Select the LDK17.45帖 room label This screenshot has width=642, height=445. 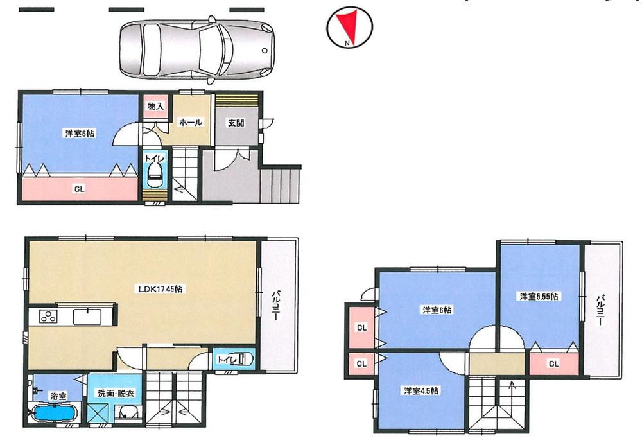[160, 289]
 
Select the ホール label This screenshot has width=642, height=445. [191, 122]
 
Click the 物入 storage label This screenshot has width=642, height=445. [155, 106]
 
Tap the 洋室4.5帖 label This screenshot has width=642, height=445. [422, 390]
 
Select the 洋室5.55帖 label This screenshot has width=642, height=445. [539, 296]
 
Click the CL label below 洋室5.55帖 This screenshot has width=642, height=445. [552, 363]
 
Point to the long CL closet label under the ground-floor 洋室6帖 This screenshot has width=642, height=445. [79, 189]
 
